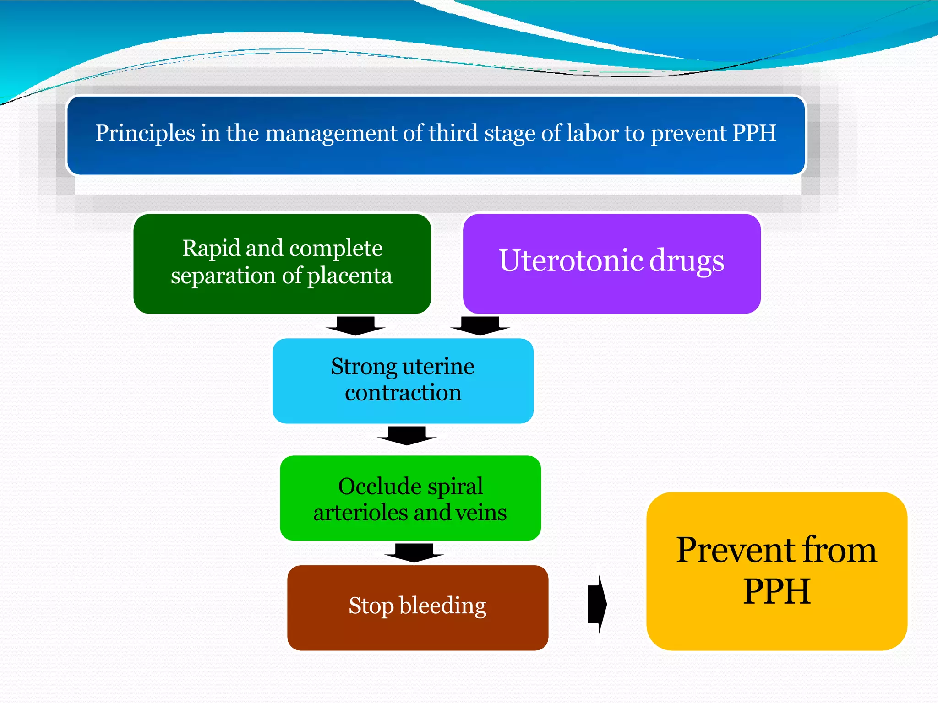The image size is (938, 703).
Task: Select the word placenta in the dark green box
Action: (x=349, y=276)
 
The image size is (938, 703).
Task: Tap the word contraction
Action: (x=403, y=393)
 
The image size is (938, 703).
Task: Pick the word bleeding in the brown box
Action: (x=442, y=606)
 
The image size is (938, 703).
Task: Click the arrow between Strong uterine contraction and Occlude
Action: (x=407, y=435)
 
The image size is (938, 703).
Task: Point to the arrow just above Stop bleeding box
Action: (x=414, y=552)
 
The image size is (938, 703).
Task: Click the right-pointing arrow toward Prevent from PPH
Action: (x=597, y=604)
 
